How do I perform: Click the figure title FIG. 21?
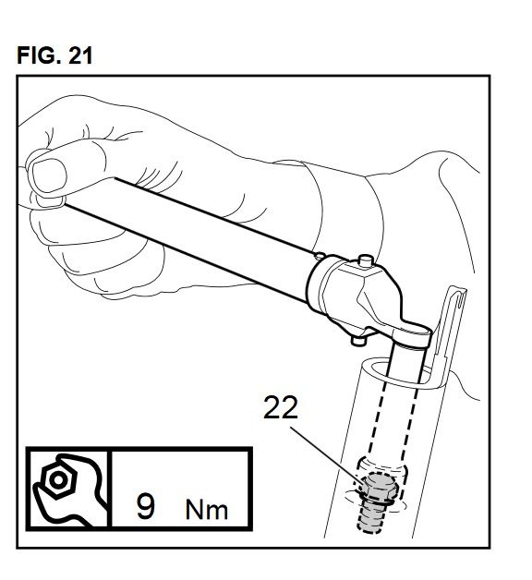click(54, 55)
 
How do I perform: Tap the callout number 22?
click(281, 407)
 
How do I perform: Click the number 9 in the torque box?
click(146, 505)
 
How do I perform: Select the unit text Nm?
click(207, 510)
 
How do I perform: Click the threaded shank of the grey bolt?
click(372, 515)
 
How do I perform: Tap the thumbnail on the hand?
click(49, 175)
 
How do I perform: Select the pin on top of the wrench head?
click(365, 260)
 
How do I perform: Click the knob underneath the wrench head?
click(357, 339)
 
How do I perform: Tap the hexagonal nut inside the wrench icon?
click(58, 479)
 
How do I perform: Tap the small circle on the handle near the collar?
click(320, 255)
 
